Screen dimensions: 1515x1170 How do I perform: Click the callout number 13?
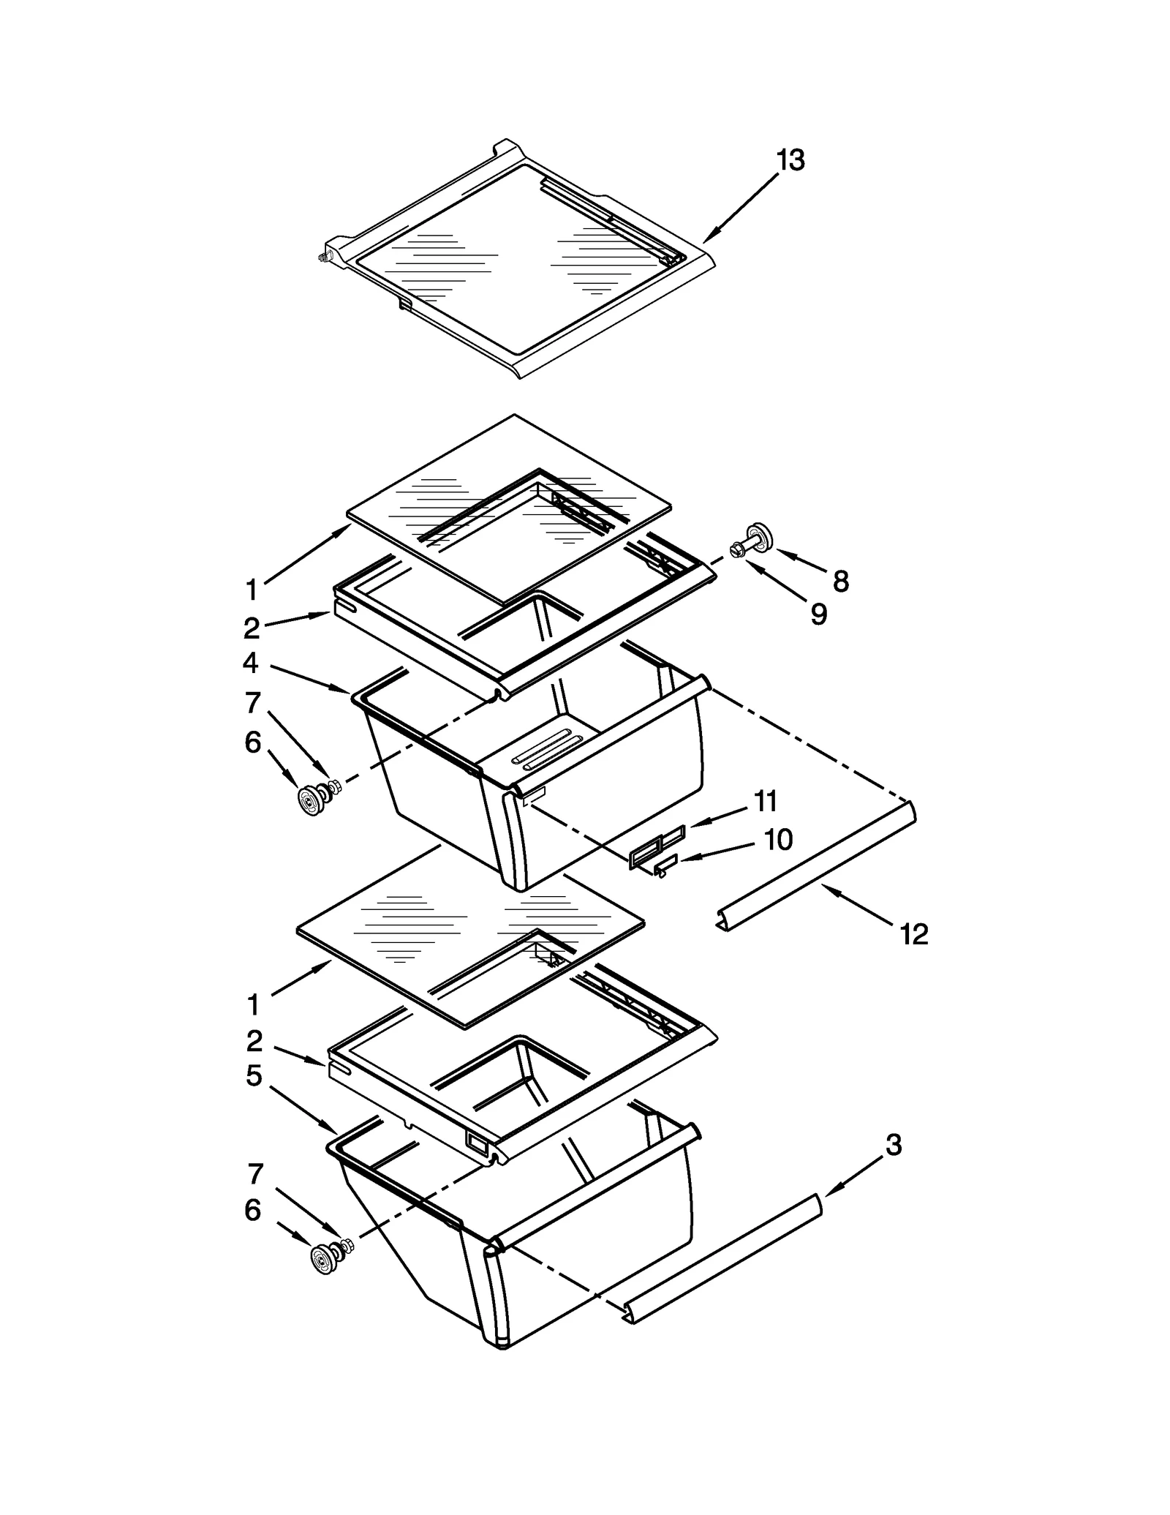click(x=790, y=159)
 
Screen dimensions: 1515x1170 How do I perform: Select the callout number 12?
click(x=914, y=934)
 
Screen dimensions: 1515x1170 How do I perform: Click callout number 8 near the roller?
click(x=841, y=582)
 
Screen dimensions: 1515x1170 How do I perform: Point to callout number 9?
click(x=819, y=614)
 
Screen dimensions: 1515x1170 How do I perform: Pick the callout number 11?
click(x=766, y=802)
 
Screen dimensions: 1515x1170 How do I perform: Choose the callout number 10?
click(x=779, y=840)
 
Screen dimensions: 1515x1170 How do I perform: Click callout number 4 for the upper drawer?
click(x=251, y=663)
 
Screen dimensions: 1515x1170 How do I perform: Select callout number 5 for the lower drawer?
click(x=254, y=1076)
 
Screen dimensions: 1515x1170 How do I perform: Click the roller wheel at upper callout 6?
click(x=311, y=800)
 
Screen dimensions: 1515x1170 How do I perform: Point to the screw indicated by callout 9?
click(x=738, y=548)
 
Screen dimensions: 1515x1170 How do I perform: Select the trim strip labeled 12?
click(x=815, y=867)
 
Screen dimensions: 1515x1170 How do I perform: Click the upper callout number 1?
click(x=252, y=590)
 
